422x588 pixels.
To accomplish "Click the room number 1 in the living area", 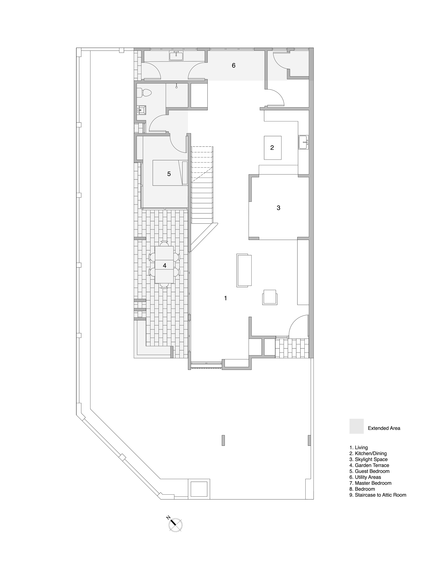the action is pyautogui.click(x=225, y=298).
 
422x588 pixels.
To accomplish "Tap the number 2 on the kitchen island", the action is pyautogui.click(x=272, y=148).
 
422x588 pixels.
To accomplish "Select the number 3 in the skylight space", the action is pyautogui.click(x=278, y=208).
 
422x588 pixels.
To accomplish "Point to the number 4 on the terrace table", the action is pyautogui.click(x=164, y=266).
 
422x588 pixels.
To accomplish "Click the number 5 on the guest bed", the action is pyautogui.click(x=169, y=174).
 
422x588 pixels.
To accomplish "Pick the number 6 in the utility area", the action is pyautogui.click(x=233, y=65).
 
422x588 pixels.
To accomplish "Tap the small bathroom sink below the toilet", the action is pyautogui.click(x=141, y=110).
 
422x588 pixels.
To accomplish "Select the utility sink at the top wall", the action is pyautogui.click(x=176, y=56).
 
